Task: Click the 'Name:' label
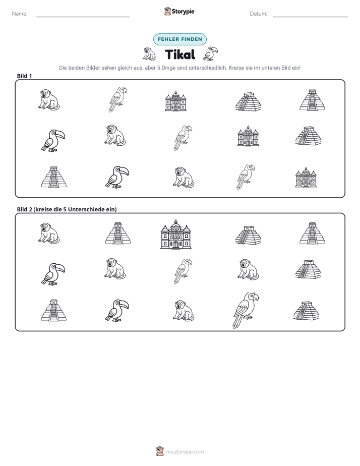(20, 14)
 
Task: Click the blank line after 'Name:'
(83, 17)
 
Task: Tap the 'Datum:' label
(258, 14)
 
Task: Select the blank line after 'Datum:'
(311, 17)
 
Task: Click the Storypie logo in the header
(179, 11)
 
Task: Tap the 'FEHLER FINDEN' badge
(179, 39)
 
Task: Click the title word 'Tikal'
(180, 54)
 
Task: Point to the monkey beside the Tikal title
(149, 54)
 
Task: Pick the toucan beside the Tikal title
(210, 53)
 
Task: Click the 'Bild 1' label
(24, 76)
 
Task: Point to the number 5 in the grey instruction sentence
(158, 68)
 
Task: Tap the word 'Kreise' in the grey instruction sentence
(236, 68)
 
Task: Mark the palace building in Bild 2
(176, 235)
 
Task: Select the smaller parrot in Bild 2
(183, 271)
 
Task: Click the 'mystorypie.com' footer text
(185, 452)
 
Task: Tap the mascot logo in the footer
(160, 451)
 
